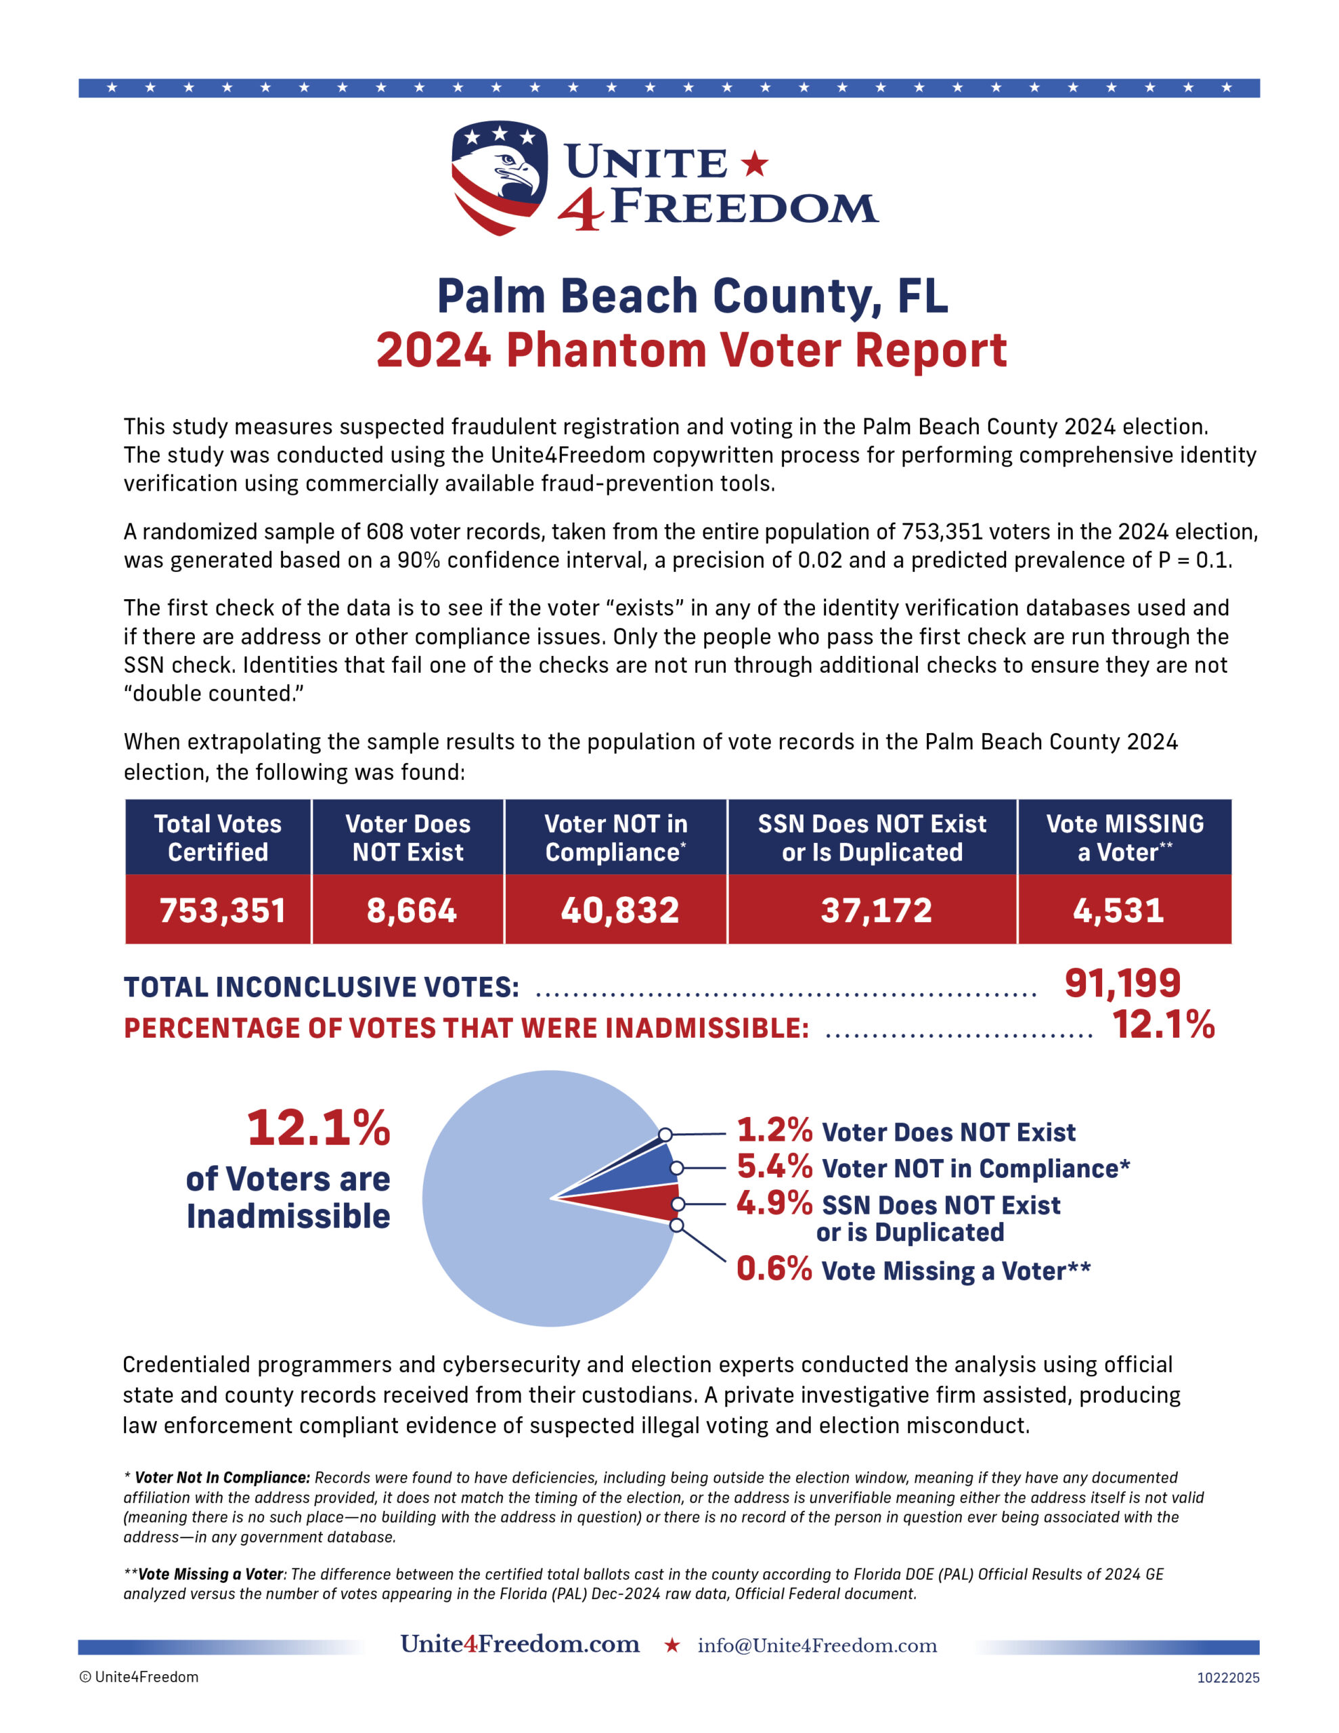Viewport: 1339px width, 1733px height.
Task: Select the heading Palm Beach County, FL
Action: click(x=692, y=296)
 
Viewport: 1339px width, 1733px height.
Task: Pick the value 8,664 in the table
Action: click(x=411, y=910)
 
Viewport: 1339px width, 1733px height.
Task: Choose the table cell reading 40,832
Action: click(x=619, y=910)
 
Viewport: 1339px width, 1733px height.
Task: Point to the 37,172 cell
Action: click(x=875, y=910)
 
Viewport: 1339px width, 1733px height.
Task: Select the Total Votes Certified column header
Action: click(x=217, y=838)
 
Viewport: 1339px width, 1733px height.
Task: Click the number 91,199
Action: click(x=1122, y=983)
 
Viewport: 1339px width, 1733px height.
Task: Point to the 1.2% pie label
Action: click(x=774, y=1129)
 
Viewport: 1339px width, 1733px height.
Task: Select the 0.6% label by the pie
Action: click(x=774, y=1269)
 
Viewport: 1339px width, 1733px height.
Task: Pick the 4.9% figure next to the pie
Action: click(x=774, y=1203)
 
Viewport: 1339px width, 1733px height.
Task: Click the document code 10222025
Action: click(x=1228, y=1677)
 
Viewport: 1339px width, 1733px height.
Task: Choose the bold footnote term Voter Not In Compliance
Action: click(x=221, y=1478)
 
